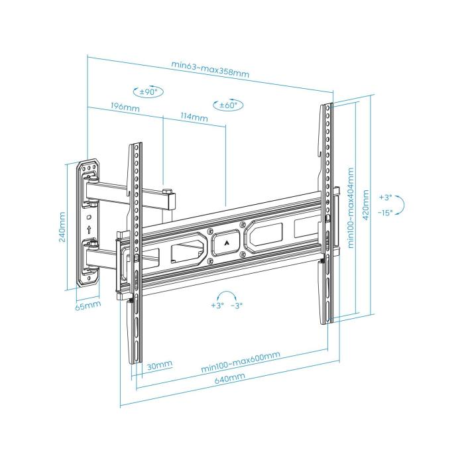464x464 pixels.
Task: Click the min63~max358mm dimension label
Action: pyautogui.click(x=209, y=69)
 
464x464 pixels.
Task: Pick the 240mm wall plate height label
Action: pyautogui.click(x=62, y=227)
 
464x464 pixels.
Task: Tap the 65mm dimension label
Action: pyautogui.click(x=87, y=306)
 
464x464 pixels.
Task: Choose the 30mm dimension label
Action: pyautogui.click(x=160, y=365)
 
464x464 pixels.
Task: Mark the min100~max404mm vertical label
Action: pyautogui.click(x=350, y=207)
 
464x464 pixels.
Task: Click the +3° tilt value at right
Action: pyautogui.click(x=386, y=197)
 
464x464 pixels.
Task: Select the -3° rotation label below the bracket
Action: pyautogui.click(x=237, y=306)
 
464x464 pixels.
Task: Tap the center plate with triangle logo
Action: pyautogui.click(x=227, y=243)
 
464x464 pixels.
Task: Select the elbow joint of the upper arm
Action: pyautogui.click(x=169, y=197)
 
